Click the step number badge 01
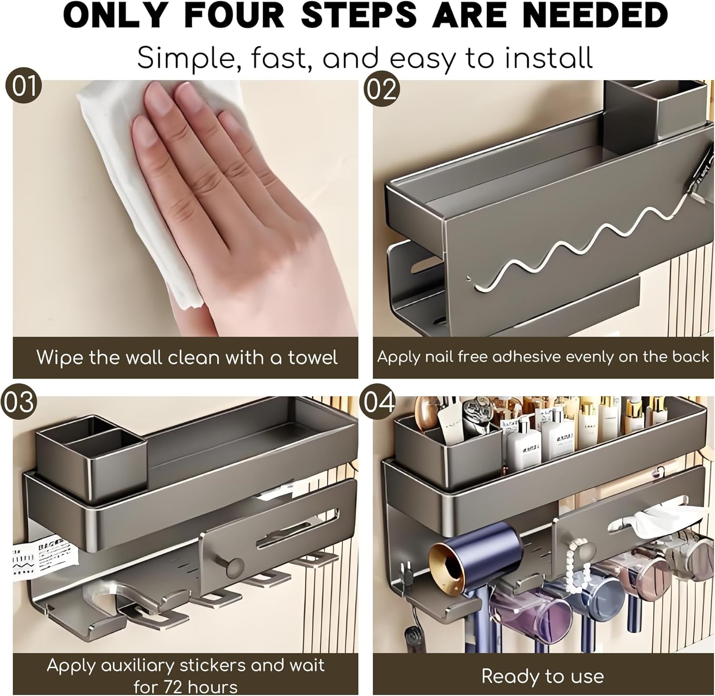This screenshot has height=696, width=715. click(23, 88)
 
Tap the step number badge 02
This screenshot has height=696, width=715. click(382, 89)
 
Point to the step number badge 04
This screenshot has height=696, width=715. click(380, 402)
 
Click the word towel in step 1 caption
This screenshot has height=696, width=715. click(313, 358)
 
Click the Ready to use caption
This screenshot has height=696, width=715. click(542, 676)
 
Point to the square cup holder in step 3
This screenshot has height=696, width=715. click(91, 455)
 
